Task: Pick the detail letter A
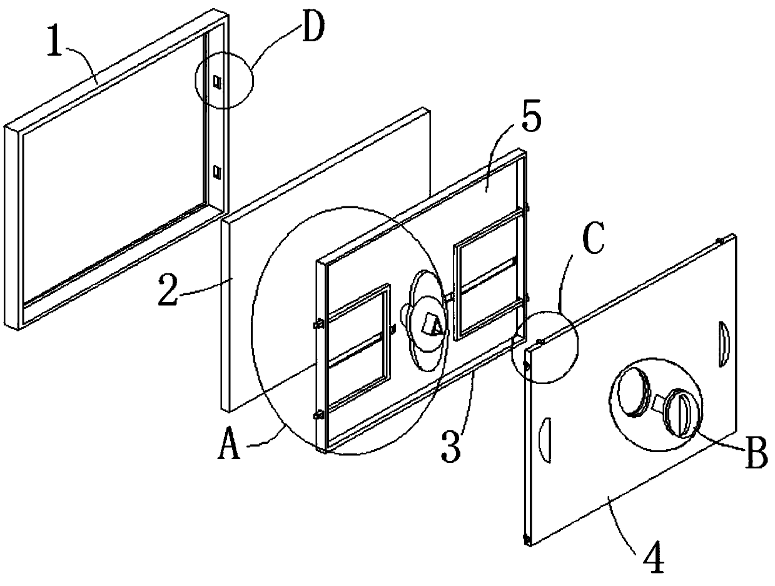pos(230,446)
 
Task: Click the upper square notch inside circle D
pos(218,81)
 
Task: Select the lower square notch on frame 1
pos(218,170)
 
